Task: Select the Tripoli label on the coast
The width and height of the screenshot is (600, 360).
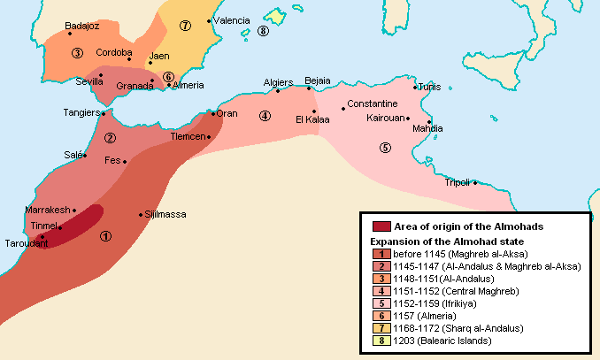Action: point(457,182)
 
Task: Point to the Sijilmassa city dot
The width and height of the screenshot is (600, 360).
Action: point(140,215)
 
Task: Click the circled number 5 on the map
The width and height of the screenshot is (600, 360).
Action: point(384,147)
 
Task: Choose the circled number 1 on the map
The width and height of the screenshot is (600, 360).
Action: point(106,235)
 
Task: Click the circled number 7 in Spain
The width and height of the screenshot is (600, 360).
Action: point(185,25)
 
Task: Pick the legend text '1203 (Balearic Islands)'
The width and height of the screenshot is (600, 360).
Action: point(442,341)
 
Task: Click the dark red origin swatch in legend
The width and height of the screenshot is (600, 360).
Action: point(381,226)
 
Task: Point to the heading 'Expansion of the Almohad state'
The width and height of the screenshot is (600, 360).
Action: point(447,241)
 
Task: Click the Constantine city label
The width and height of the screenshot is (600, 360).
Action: point(372,103)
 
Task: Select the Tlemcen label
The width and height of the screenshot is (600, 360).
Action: point(187,137)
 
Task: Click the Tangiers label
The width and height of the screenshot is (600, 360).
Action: point(81,113)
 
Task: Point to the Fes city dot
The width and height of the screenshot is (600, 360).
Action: point(126,162)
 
